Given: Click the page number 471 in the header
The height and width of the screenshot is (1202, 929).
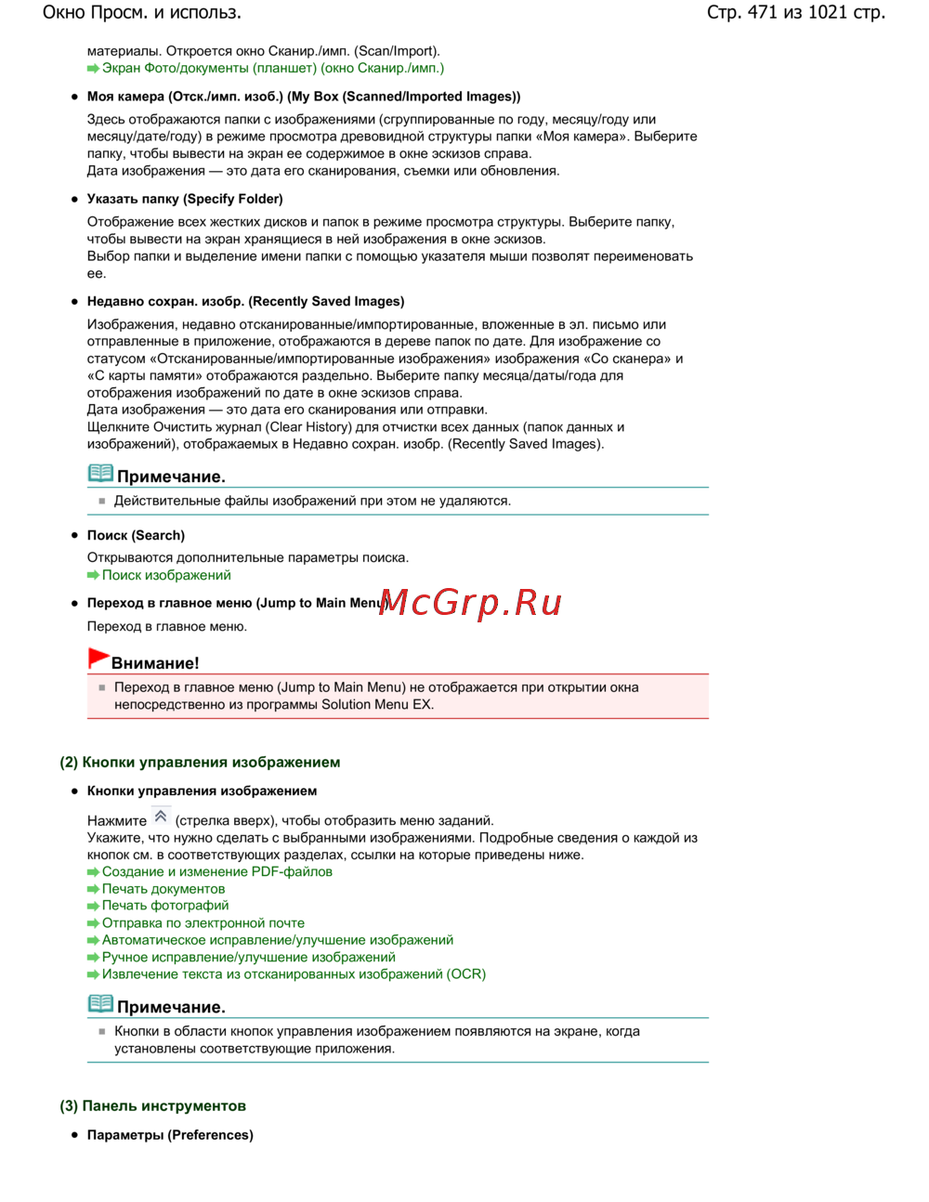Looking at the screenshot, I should [x=762, y=13].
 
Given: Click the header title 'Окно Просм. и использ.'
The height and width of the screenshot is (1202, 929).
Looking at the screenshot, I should [x=142, y=13].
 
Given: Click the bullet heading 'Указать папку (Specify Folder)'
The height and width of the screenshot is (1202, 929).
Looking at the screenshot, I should [x=185, y=199].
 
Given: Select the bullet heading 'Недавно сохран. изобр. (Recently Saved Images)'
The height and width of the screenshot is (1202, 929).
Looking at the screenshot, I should [x=245, y=302].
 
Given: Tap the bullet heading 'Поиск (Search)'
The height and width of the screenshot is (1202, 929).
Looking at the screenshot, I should [x=136, y=536].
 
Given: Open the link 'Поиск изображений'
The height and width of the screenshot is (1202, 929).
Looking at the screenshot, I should [x=166, y=575].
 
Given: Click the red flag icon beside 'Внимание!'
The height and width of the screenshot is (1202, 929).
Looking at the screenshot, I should [x=98, y=659].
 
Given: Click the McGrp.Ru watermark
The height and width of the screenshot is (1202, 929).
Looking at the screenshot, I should [x=471, y=603].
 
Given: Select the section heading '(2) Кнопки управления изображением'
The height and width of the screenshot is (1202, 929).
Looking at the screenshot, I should [x=200, y=763].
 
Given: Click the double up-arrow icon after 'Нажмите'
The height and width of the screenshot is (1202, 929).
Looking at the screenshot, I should [x=161, y=817].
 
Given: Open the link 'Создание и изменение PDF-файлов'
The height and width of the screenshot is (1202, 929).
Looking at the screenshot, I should [x=216, y=872].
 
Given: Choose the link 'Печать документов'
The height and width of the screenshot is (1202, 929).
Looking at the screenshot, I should [x=164, y=889].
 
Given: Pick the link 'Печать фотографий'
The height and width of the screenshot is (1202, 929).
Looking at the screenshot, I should [x=165, y=906].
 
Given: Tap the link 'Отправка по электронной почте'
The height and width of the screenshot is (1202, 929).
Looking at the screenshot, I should [x=203, y=923].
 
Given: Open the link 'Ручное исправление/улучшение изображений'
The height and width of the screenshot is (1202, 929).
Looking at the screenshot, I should [x=248, y=958].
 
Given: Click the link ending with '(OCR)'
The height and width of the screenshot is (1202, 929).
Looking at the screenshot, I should [x=294, y=974].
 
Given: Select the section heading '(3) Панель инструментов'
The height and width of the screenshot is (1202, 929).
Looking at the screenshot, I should [x=153, y=1106].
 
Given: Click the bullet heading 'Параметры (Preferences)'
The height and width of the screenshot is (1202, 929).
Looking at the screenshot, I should [x=170, y=1135].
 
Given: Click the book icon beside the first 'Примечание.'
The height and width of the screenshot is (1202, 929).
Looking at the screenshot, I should [x=100, y=474].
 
